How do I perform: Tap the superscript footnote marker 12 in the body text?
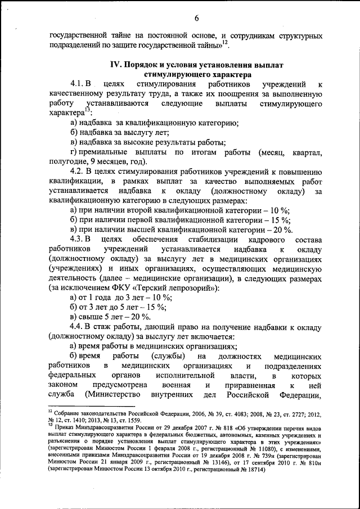coord(224,42)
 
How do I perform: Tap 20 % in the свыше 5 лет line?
coord(146,317)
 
